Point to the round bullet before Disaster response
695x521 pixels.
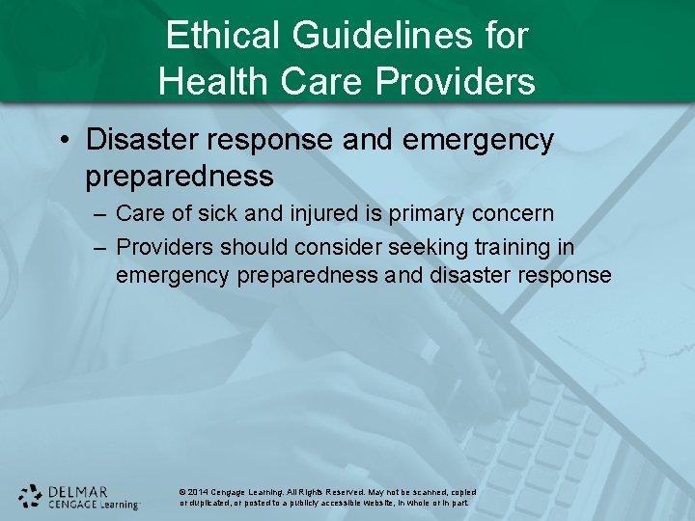point(63,141)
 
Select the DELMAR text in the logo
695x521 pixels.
point(78,491)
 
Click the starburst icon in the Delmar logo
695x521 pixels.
point(31,496)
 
